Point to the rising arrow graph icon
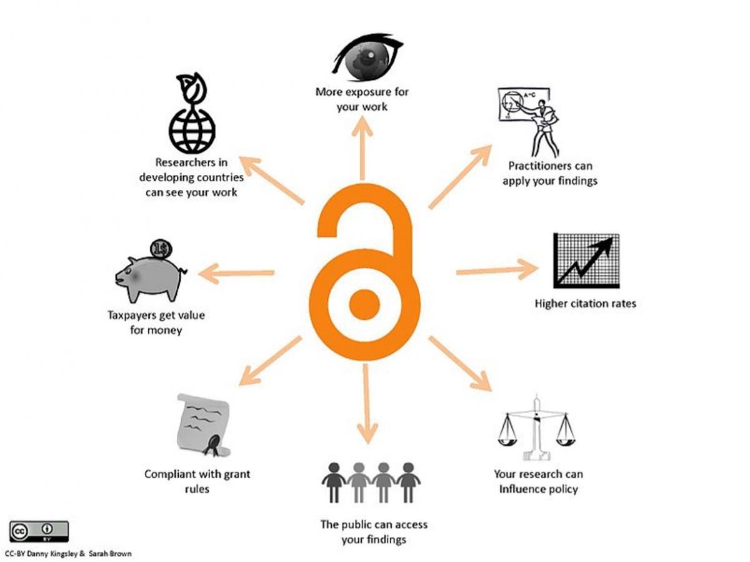click(x=586, y=260)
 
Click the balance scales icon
click(x=536, y=428)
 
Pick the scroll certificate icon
click(x=204, y=425)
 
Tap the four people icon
click(x=371, y=482)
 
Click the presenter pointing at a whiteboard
click(x=529, y=122)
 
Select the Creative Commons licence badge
click(x=39, y=531)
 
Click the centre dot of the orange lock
click(x=364, y=305)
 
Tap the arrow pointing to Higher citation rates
click(x=497, y=270)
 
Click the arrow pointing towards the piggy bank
click(x=236, y=274)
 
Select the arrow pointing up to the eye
click(x=362, y=147)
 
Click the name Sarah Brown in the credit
click(x=110, y=553)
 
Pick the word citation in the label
click(x=586, y=303)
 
